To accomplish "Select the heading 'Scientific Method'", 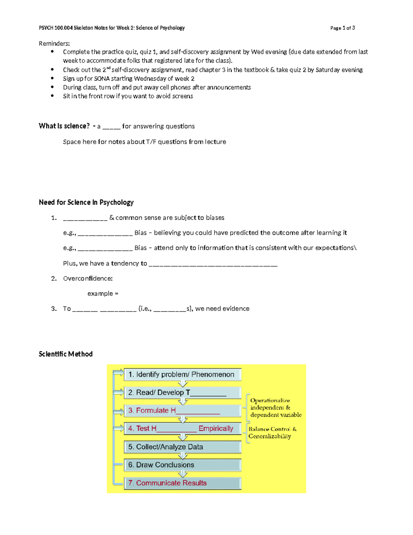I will click(x=66, y=354).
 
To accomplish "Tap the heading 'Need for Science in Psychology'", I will click(x=86, y=202).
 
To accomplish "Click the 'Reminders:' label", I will click(x=54, y=43).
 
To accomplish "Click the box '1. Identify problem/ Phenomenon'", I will click(x=182, y=374).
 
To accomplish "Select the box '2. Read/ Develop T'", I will click(x=182, y=392).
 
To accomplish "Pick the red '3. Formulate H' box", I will click(x=182, y=410).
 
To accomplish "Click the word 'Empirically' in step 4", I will click(x=216, y=429).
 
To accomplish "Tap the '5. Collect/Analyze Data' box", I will click(x=182, y=447).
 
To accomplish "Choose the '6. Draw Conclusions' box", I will click(x=182, y=465).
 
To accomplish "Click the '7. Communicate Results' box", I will click(x=182, y=483).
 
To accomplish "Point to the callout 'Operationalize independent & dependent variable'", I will click(x=275, y=408).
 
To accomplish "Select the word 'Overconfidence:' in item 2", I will click(x=88, y=278).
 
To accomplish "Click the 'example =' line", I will click(x=103, y=294).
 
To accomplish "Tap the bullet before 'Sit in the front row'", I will click(x=52, y=96).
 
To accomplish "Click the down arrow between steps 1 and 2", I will click(x=183, y=383).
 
